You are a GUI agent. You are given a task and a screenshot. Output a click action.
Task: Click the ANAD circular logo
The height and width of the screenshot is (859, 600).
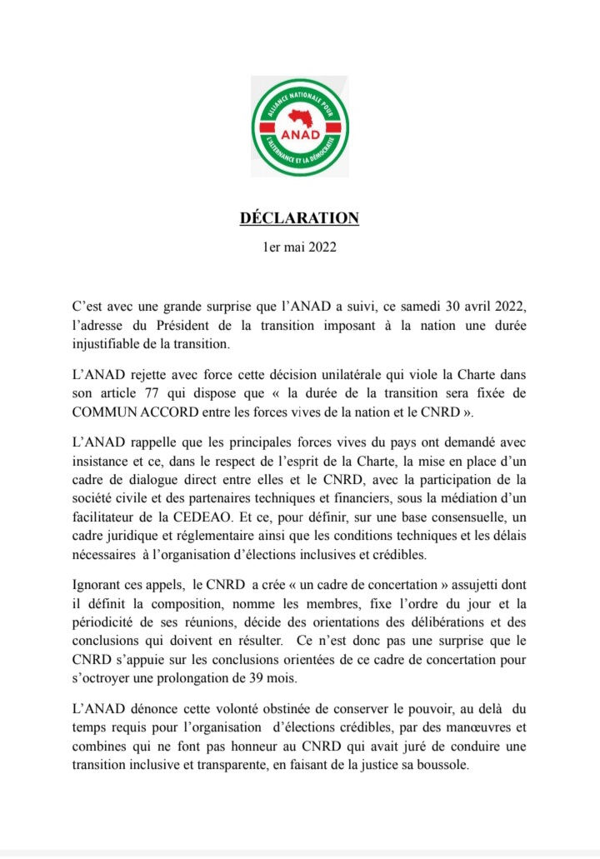click(300, 126)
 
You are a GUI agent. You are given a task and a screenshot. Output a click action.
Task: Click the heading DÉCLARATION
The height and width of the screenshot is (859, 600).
click(300, 218)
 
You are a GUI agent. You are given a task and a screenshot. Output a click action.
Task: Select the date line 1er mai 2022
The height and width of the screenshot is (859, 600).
click(300, 247)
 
